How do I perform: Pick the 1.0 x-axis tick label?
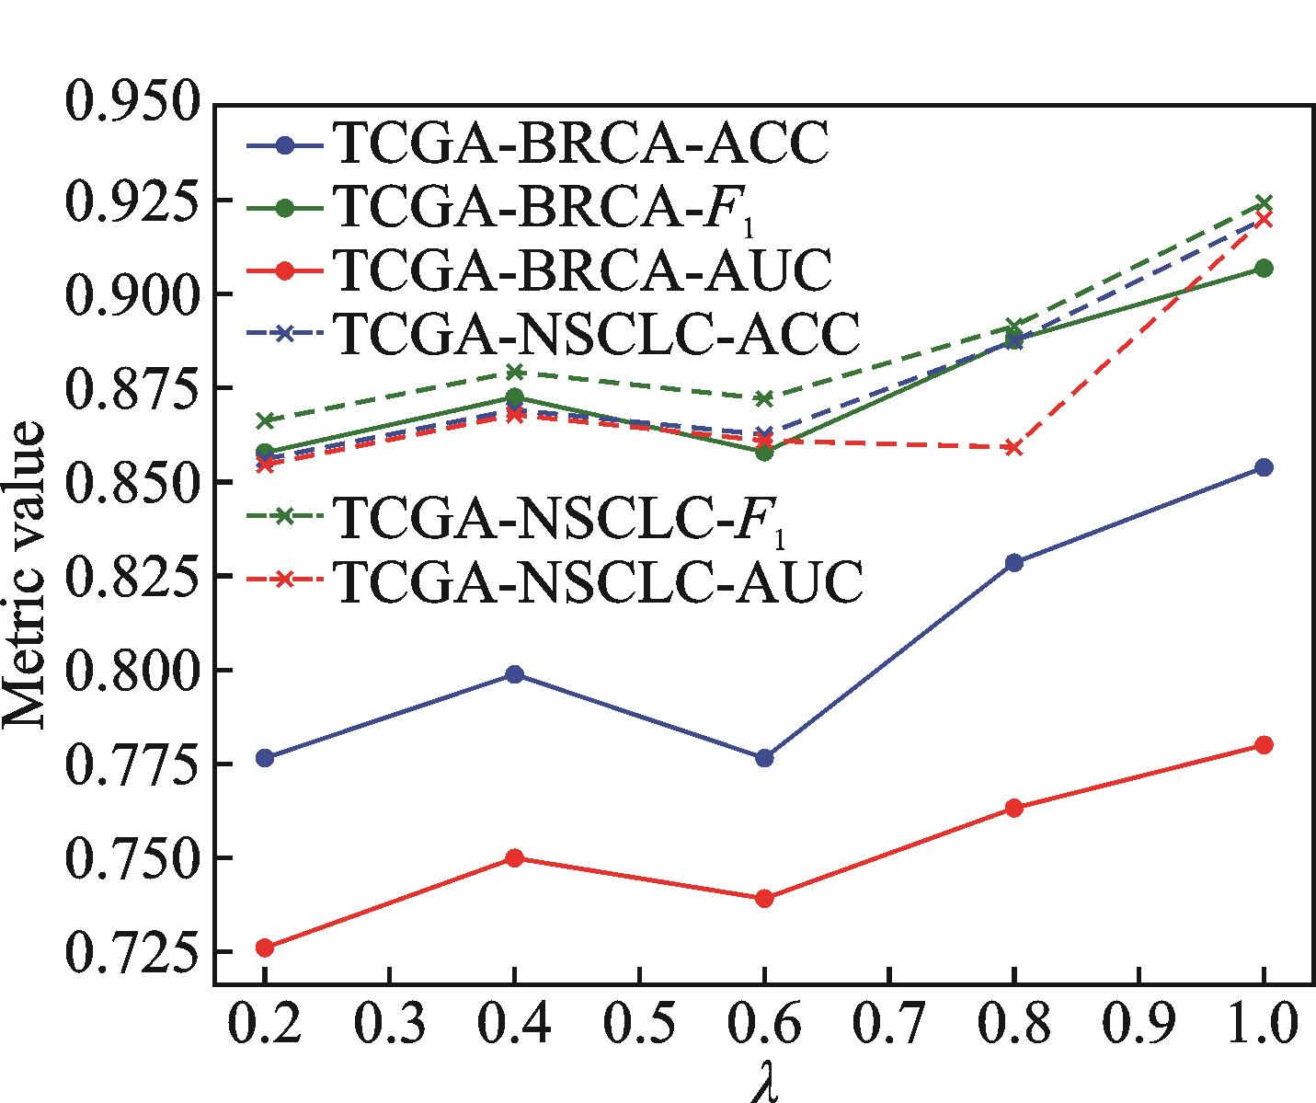pyautogui.click(x=1263, y=1021)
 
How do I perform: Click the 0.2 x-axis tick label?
pyautogui.click(x=265, y=1021)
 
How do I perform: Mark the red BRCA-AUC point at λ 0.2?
pyautogui.click(x=265, y=948)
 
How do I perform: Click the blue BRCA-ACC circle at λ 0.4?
pyautogui.click(x=515, y=674)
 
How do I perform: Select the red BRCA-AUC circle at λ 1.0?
pyautogui.click(x=1264, y=744)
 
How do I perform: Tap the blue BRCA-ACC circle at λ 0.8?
pyautogui.click(x=1014, y=562)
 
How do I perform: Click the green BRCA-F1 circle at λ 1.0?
pyautogui.click(x=1264, y=268)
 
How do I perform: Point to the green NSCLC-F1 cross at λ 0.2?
pyautogui.click(x=265, y=420)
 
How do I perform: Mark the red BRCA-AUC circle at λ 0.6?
pyautogui.click(x=764, y=898)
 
